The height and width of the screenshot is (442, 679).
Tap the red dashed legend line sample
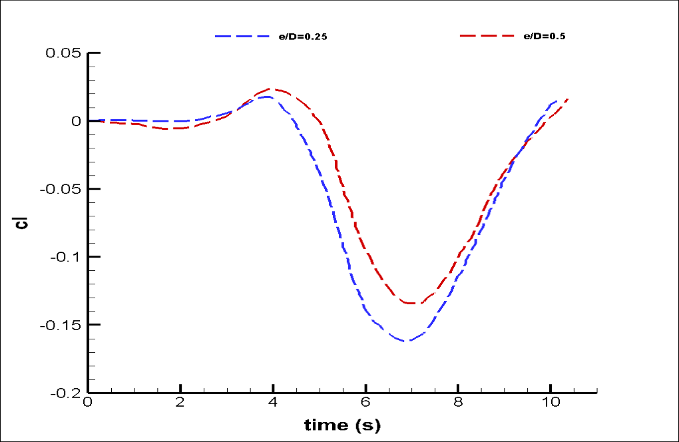[x=487, y=36]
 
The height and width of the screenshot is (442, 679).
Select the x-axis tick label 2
[x=180, y=404]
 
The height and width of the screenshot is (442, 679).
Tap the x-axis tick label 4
[x=272, y=404]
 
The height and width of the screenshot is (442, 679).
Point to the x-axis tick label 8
[x=458, y=404]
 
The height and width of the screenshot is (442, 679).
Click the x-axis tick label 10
[x=550, y=404]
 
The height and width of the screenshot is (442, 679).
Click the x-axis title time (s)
[x=342, y=425]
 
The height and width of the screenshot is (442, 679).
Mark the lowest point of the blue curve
[x=407, y=341]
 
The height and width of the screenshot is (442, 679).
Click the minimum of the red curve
[x=412, y=303]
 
